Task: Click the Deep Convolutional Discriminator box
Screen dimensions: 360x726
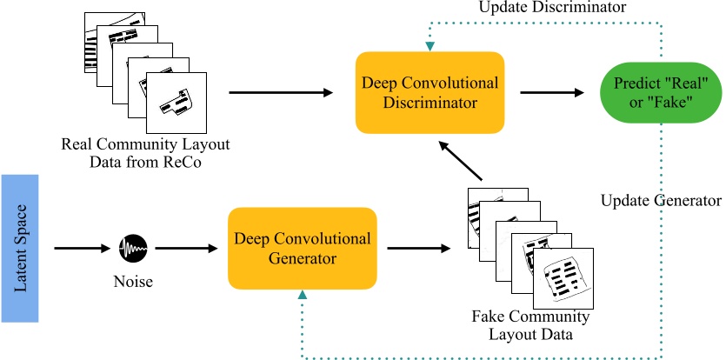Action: tap(430, 92)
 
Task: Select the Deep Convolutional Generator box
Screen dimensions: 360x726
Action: tap(302, 248)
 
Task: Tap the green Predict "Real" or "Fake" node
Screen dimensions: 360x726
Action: tap(656, 92)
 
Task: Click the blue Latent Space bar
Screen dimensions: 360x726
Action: tap(21, 248)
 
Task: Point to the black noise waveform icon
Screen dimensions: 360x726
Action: tap(132, 249)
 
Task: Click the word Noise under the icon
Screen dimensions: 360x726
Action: tap(132, 282)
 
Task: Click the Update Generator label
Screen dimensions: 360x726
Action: tap(661, 201)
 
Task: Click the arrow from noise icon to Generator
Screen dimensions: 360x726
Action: tap(186, 249)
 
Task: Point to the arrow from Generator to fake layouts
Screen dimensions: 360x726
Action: tap(419, 249)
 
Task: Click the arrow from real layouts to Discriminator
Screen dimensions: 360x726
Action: tap(281, 92)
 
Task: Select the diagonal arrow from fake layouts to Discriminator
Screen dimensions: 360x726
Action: tap(461, 161)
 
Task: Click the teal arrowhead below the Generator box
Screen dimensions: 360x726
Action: tap(302, 297)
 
